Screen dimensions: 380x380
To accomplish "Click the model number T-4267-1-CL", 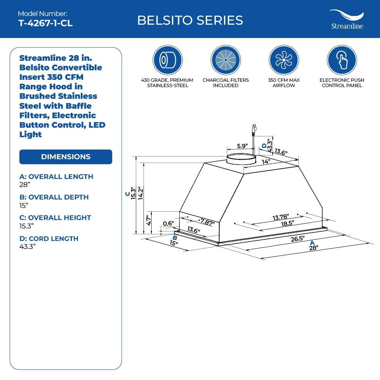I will [45, 23].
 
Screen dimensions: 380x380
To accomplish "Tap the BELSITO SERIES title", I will [190, 20].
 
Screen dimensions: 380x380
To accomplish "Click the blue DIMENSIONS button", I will [66, 157].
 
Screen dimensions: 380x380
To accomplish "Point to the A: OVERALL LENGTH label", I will [56, 176].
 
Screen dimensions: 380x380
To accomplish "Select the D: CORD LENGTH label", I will [49, 238].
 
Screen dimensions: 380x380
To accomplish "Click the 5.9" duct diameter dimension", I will [242, 146].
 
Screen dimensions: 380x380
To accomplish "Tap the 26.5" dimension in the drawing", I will [298, 239].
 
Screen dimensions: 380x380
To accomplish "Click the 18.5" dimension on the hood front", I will [287, 223].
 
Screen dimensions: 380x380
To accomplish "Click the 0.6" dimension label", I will [168, 223].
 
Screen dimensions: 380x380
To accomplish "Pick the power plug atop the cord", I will [253, 130].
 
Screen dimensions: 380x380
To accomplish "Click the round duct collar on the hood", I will [241, 159].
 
